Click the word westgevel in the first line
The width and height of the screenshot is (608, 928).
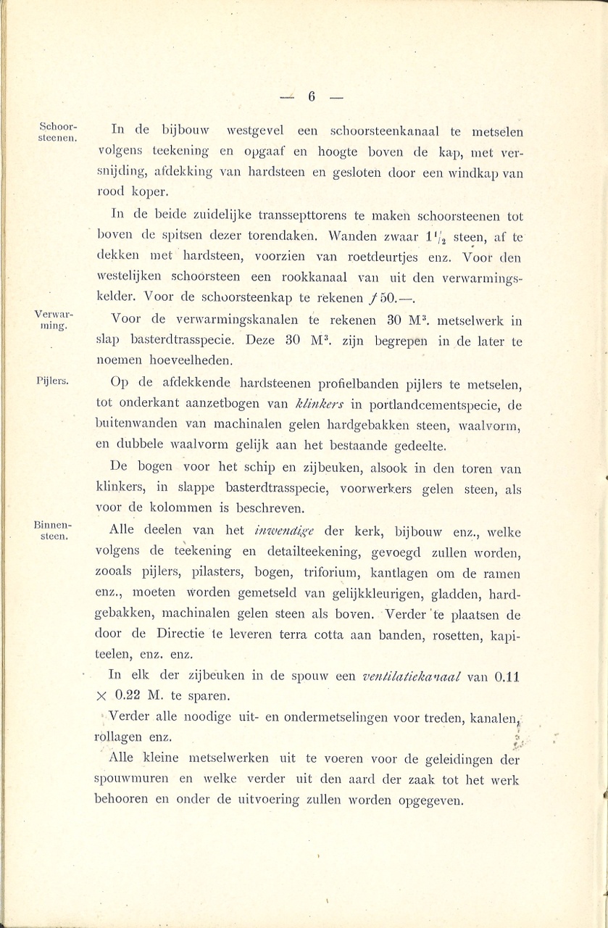pyautogui.click(x=253, y=132)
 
